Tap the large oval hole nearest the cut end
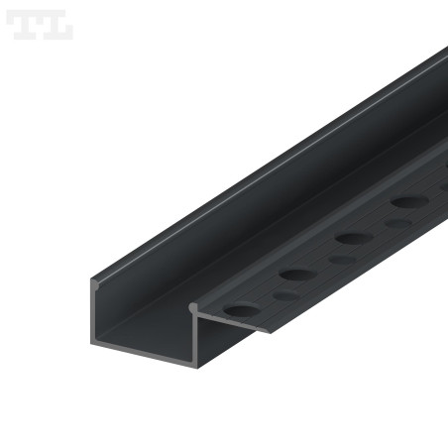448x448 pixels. [x=239, y=309]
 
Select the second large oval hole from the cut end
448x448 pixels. [x=295, y=274]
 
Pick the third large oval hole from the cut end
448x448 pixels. [x=351, y=238]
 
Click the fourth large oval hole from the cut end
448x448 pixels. [x=407, y=202]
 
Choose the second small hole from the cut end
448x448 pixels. [x=342, y=260]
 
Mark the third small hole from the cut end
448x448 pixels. [x=397, y=224]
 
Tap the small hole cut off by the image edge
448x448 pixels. [x=443, y=196]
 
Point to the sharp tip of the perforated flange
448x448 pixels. [x=268, y=331]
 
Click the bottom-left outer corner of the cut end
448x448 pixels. [x=94, y=343]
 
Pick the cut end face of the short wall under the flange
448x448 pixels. [x=198, y=335]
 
